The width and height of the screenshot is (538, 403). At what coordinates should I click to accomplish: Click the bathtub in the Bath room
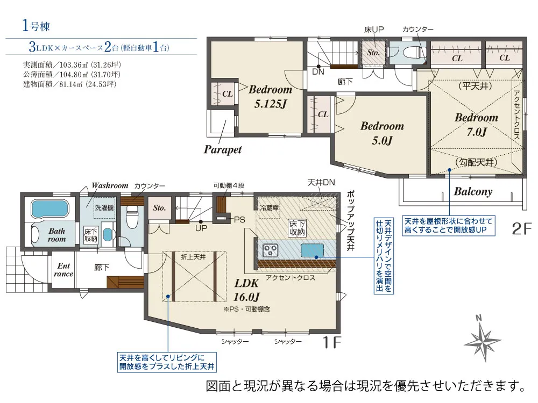coord(49,208)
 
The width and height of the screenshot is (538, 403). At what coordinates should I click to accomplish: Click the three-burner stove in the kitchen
coord(271,250)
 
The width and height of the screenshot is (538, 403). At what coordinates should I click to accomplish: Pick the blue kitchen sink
coord(312,250)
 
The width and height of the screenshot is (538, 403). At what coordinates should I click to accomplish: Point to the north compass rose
coord(483,339)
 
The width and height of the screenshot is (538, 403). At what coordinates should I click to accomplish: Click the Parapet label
coord(223,149)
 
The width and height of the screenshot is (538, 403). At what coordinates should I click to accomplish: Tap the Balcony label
coord(473,191)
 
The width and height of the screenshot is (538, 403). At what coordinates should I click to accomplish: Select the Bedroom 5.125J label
coord(271,96)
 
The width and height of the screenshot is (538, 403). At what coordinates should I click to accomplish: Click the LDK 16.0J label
coord(247,290)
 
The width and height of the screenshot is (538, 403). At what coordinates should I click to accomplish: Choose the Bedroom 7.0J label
coord(476,125)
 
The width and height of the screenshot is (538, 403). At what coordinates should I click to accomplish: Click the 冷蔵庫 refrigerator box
coord(270,208)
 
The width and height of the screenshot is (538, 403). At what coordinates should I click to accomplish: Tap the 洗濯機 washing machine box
coord(104,207)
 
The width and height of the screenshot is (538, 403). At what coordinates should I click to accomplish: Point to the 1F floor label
coord(332,342)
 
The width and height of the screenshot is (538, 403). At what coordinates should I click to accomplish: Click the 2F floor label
coord(521,228)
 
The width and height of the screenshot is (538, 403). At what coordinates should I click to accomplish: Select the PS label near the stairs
coord(239,220)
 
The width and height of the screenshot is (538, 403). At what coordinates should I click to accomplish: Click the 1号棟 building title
coord(36,26)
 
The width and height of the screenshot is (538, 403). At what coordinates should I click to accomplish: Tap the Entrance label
coord(63,270)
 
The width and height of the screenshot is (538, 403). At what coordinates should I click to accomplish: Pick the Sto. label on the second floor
coord(373,53)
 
